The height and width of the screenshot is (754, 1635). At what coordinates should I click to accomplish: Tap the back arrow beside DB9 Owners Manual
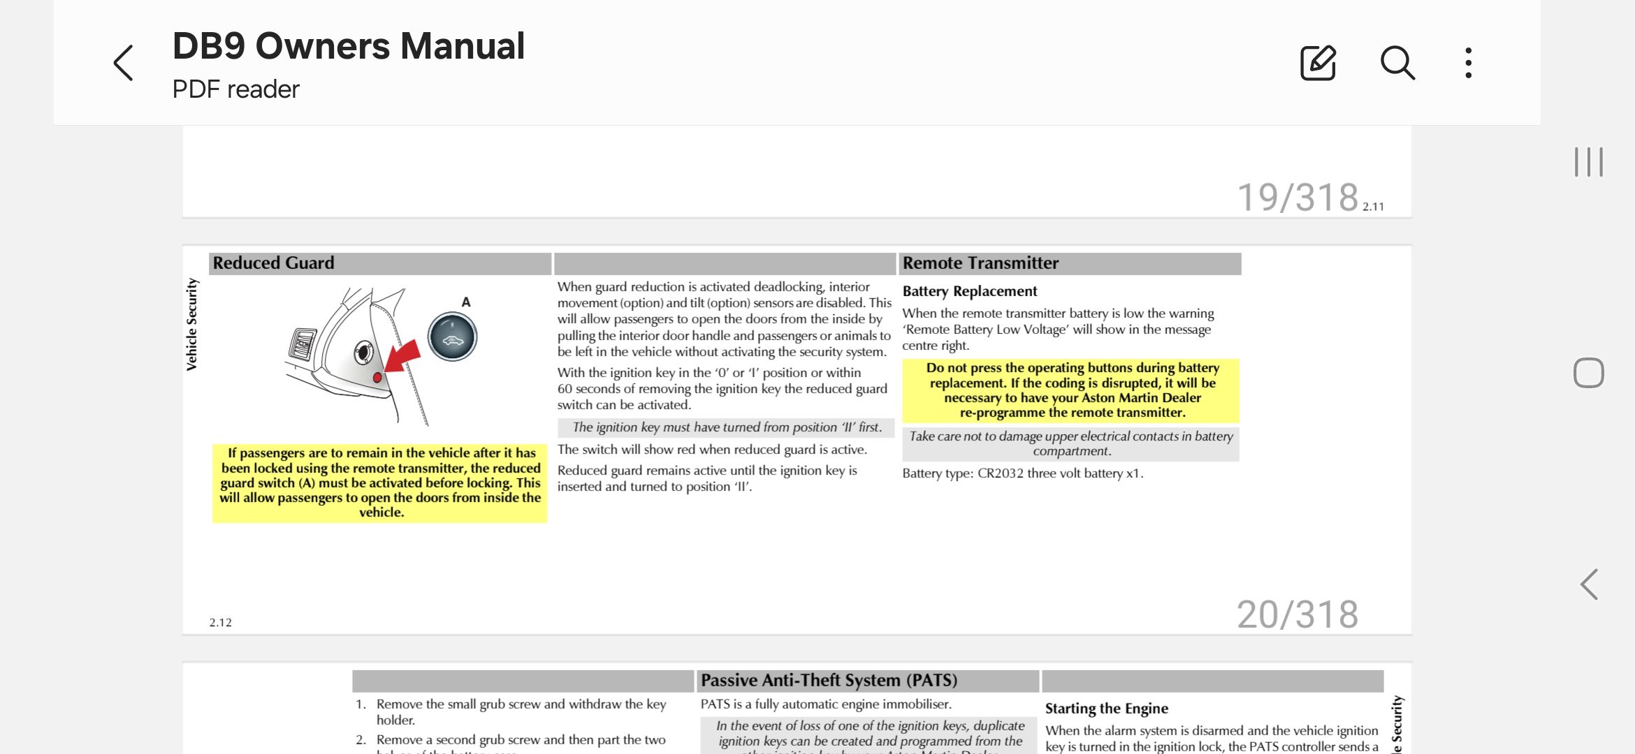coord(124,63)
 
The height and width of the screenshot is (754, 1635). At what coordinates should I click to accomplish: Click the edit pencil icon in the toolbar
coord(1318,63)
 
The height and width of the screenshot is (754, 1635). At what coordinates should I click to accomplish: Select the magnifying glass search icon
coord(1397,63)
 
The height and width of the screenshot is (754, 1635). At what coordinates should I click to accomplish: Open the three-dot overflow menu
coord(1469,63)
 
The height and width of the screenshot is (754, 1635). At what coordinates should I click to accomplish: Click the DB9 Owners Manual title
coord(348,46)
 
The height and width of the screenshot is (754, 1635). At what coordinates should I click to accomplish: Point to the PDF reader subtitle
coord(235,89)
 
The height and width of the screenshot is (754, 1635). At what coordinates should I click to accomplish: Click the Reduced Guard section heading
coord(273,263)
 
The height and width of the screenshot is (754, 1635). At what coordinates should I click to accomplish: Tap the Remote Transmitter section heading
coord(980,263)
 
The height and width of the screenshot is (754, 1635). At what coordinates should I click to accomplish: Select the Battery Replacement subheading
coord(969,291)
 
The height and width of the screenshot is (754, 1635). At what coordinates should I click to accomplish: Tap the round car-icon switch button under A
coord(452,337)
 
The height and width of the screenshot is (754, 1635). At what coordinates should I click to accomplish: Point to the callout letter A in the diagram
coord(466,302)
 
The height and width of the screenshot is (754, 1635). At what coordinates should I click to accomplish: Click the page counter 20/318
coord(1297,615)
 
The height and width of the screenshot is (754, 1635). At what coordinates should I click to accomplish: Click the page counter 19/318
coord(1297,198)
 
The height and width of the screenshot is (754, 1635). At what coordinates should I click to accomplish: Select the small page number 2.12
coord(220,623)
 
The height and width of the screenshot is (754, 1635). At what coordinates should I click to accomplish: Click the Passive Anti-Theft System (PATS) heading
coord(829,681)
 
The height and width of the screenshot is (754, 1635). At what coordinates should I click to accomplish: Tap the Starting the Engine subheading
coord(1106,709)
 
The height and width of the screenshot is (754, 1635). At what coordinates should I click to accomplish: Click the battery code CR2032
coord(1000,473)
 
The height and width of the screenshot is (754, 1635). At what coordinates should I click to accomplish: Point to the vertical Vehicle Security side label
coord(192,325)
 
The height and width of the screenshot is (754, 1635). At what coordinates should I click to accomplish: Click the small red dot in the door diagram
coord(377,378)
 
